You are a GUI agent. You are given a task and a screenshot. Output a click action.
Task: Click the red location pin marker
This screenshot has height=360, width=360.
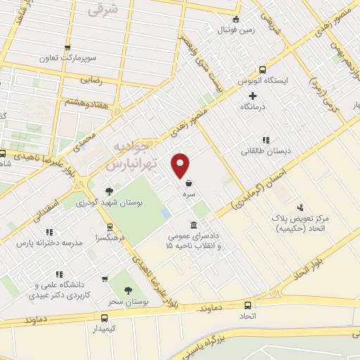coord(181,165)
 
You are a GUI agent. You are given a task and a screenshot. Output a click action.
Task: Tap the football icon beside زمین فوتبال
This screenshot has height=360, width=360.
coord(236,19)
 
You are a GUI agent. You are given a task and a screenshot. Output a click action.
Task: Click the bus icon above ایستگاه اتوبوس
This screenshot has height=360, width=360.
coord(262,70)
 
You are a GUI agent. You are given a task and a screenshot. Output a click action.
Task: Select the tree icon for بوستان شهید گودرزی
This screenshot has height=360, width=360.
coord(109,191)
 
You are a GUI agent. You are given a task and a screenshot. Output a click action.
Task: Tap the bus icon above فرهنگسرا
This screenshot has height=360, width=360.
coord(109,227)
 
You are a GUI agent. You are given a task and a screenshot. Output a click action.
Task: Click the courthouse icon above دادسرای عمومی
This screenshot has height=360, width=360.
coord(193,224)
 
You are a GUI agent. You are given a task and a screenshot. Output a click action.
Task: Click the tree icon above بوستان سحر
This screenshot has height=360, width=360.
coord(127,290)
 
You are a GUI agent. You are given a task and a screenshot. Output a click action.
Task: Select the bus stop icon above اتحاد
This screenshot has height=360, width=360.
coord(247,305)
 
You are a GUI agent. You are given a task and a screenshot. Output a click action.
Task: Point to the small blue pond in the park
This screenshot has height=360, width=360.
coord(166,212)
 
